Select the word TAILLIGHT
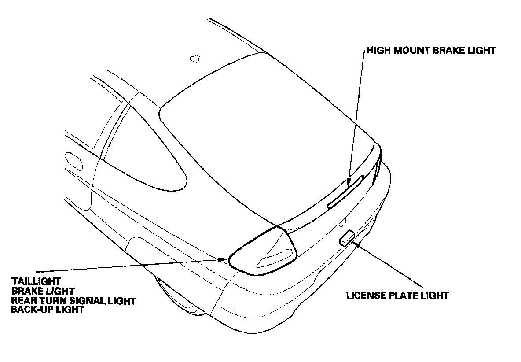37,281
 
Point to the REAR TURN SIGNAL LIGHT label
74,300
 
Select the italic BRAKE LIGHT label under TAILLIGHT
43,290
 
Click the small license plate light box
347,238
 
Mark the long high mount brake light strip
346,191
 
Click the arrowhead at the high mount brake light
348,182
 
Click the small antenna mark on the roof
194,58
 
